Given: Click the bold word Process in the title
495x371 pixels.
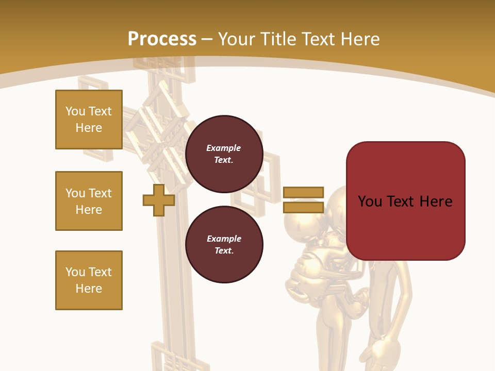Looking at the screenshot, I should coord(162,39).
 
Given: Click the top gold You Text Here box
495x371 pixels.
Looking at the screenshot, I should coord(89,120).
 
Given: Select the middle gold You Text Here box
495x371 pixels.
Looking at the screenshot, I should coord(89,201).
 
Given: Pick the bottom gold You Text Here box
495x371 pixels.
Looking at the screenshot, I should coord(89,280).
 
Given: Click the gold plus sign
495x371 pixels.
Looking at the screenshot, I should coord(159,200).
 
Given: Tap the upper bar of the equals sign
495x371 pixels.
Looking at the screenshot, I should coord(303,193).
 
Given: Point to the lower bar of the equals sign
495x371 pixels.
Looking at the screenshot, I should coord(303,208).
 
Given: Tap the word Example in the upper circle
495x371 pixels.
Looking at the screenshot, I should coord(224,148).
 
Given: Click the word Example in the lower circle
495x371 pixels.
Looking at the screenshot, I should coord(224,239).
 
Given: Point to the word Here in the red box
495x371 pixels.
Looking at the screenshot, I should coord(436,201).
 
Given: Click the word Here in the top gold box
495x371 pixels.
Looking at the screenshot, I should coord(89,128).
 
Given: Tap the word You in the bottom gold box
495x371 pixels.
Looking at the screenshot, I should coord(75,272).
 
